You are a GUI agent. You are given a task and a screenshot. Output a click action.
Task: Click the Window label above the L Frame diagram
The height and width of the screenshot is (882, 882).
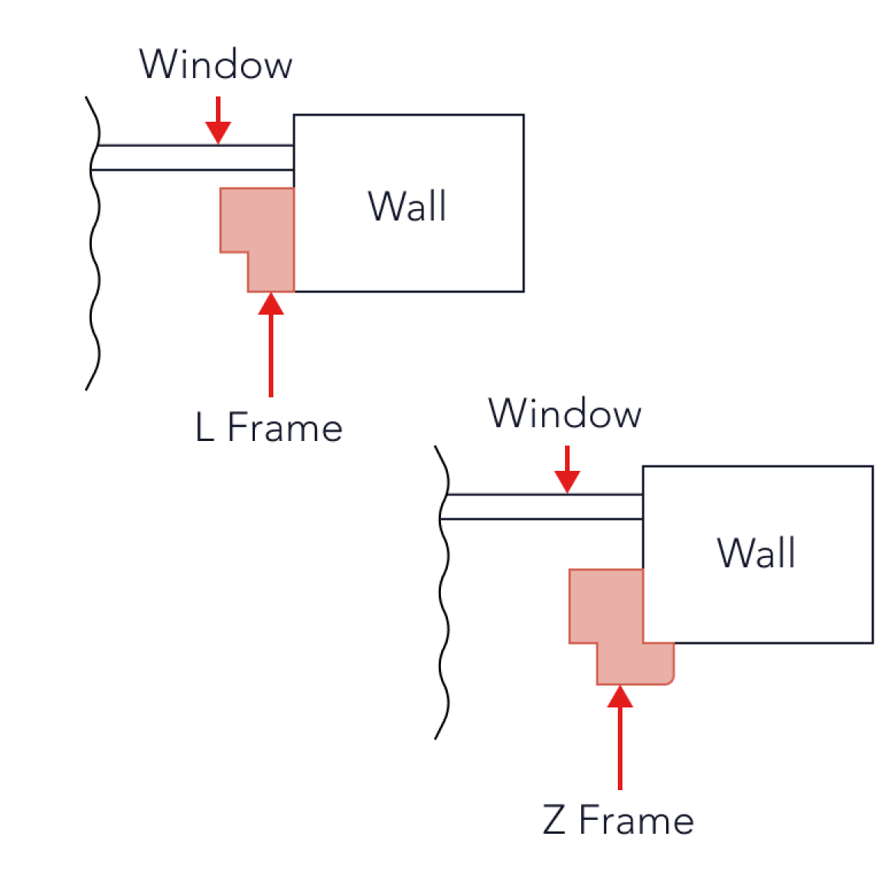(x=216, y=64)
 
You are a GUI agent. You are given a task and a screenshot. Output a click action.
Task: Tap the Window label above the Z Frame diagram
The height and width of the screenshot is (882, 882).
(x=565, y=413)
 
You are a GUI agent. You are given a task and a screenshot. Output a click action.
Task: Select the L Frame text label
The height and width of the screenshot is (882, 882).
(x=269, y=427)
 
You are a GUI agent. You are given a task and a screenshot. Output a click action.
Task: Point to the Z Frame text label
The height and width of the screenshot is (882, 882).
(x=618, y=819)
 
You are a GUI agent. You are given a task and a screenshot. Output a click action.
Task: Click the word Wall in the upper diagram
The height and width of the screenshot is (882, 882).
(x=407, y=206)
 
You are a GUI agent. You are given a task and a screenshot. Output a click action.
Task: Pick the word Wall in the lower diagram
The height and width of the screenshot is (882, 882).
(x=756, y=553)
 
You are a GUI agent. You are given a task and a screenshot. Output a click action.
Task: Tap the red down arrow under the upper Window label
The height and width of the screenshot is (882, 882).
(x=217, y=119)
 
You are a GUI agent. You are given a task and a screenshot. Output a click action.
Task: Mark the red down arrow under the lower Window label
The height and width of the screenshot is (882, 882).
(x=567, y=469)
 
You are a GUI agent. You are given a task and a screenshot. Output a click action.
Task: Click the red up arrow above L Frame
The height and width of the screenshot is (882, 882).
(x=271, y=345)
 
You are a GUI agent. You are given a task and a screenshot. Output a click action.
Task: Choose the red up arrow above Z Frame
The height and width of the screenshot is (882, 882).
(x=620, y=737)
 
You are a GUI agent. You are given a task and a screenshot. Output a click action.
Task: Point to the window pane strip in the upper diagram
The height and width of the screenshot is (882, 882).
(x=192, y=158)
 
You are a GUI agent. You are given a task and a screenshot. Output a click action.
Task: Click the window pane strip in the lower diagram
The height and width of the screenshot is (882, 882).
(x=542, y=507)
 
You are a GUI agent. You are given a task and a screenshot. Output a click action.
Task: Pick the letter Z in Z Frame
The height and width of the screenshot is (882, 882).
(x=554, y=819)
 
